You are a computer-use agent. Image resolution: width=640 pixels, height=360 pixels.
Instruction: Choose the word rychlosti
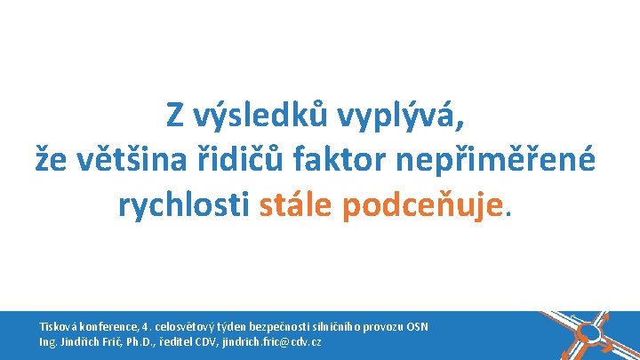pos(184,205)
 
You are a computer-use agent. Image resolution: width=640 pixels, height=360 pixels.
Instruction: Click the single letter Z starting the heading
pos(175,116)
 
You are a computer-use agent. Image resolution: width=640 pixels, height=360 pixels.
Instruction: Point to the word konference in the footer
pos(111,326)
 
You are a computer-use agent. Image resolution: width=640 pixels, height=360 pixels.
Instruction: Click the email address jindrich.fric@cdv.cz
pos(275,342)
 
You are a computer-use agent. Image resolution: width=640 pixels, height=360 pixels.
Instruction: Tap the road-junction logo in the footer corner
pos(592,333)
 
